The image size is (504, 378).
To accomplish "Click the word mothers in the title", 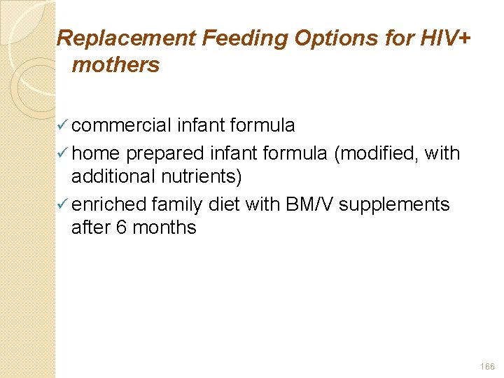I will point(115,66).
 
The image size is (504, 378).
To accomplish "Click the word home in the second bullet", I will point(96,153).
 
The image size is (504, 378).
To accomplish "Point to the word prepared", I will point(165,153).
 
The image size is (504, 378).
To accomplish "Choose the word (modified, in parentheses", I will point(377,153).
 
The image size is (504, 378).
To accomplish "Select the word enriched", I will point(108,204).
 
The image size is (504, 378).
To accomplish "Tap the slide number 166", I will point(487,366).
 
